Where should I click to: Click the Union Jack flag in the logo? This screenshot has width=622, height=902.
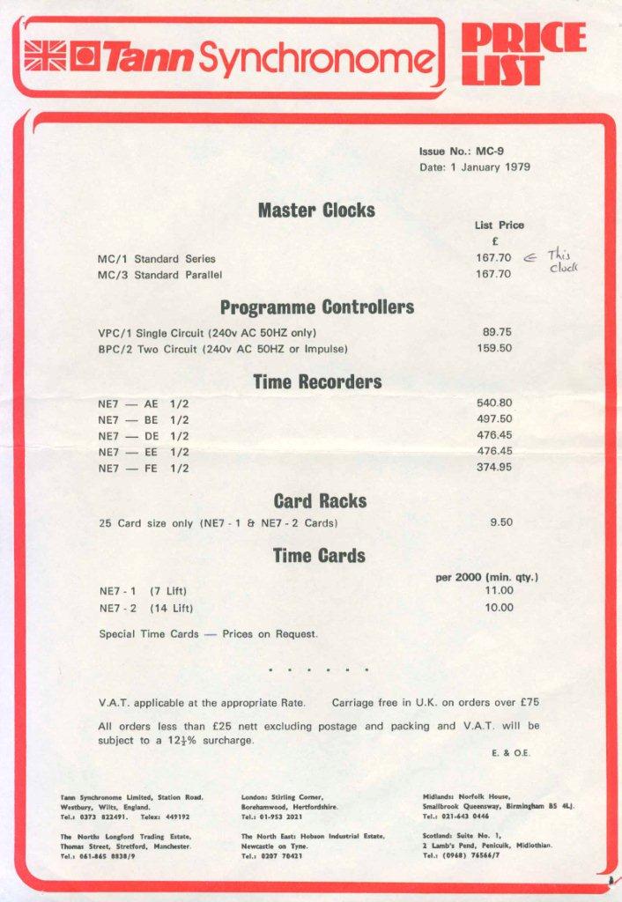(x=44, y=56)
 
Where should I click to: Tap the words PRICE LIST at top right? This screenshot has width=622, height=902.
(x=522, y=55)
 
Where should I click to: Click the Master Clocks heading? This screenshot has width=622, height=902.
(x=316, y=211)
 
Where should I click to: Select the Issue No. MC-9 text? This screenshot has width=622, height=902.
(x=461, y=151)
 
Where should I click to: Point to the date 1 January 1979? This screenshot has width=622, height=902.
(x=475, y=167)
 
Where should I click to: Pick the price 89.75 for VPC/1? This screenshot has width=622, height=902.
(x=497, y=332)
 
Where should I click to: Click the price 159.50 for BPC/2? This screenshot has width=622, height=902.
(x=494, y=348)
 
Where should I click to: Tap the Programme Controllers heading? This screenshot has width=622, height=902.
(x=316, y=307)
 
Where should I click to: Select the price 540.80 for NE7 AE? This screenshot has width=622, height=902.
(x=494, y=403)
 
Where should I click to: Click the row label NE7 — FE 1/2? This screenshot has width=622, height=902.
(x=144, y=468)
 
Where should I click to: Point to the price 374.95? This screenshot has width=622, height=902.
(x=494, y=467)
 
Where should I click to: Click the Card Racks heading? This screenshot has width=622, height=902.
(x=320, y=501)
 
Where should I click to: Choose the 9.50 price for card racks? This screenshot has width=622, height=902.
(x=500, y=522)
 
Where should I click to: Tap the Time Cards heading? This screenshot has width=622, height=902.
(x=318, y=556)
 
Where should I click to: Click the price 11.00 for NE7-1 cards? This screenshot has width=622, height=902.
(x=499, y=591)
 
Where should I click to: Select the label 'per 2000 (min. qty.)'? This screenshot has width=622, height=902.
(x=486, y=578)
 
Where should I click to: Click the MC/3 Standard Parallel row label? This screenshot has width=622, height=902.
(x=159, y=275)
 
